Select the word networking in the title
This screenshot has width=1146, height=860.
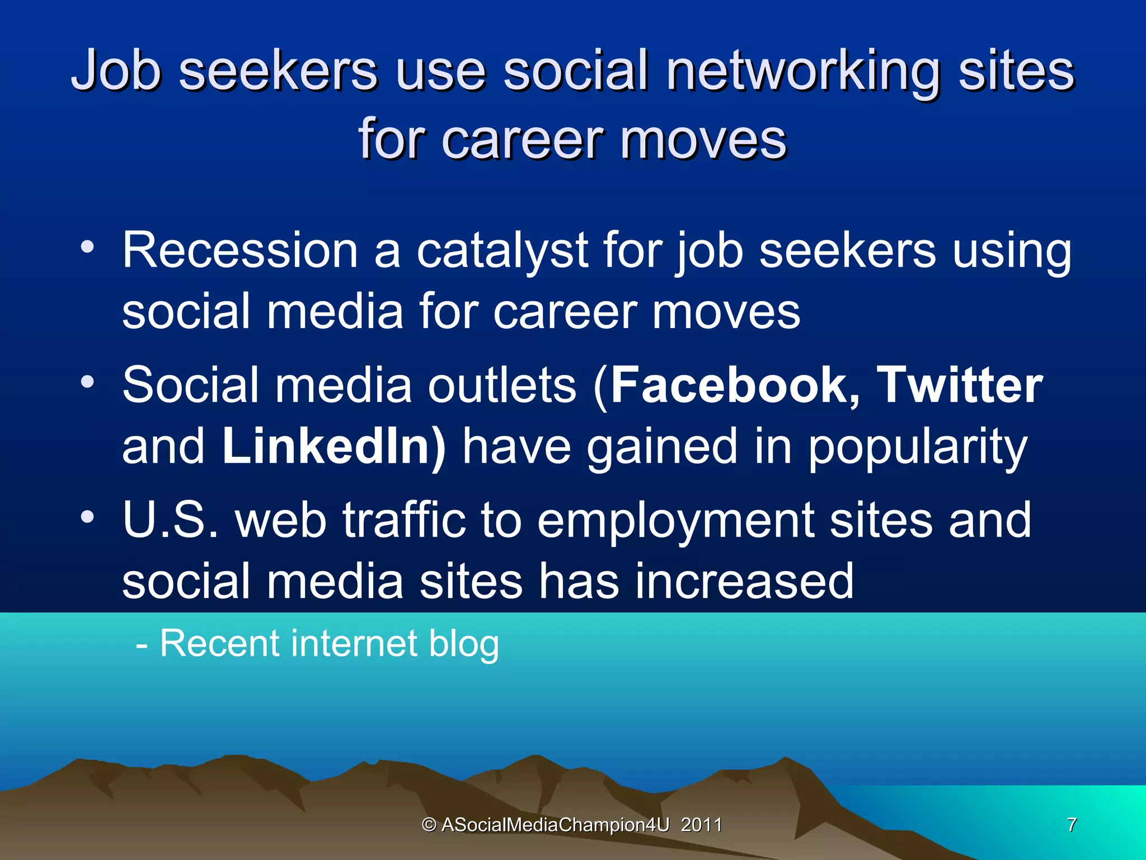pos(802,72)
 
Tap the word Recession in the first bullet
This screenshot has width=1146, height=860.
pos(240,250)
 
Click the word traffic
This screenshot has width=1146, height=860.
pos(404,520)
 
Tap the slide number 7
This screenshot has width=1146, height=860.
pos(1072,825)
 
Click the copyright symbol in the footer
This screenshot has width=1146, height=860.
pos(429,825)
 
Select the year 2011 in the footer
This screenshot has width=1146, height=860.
pos(701,825)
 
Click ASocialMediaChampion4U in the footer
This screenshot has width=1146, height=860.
pos(555,825)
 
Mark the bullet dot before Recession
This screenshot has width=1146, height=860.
pos(87,247)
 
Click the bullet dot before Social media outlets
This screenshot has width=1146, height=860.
pos(87,382)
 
